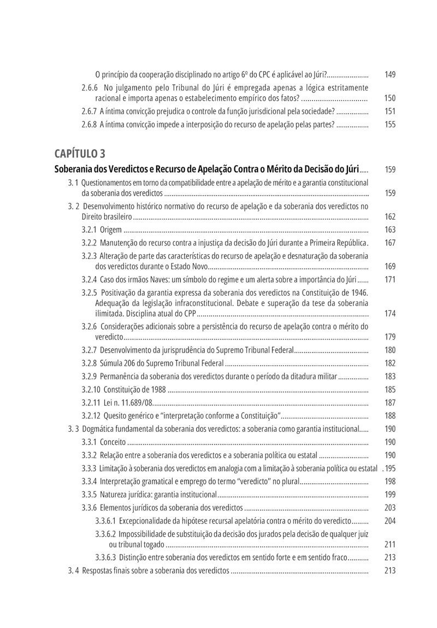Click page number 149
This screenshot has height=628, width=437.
pos(389,74)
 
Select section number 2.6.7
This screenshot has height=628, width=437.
pos(89,111)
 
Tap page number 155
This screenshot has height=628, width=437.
pos(389,124)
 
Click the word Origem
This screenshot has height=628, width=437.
pos(111,230)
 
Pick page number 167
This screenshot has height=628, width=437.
pos(389,243)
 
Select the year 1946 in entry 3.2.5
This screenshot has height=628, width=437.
pos(358,292)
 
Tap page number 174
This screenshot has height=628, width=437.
pos(389,314)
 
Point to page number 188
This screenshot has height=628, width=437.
pos(389,415)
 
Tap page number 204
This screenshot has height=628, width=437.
pos(389,521)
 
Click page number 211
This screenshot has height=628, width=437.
pos(389,544)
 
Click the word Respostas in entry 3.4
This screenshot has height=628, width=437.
pos(100,571)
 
